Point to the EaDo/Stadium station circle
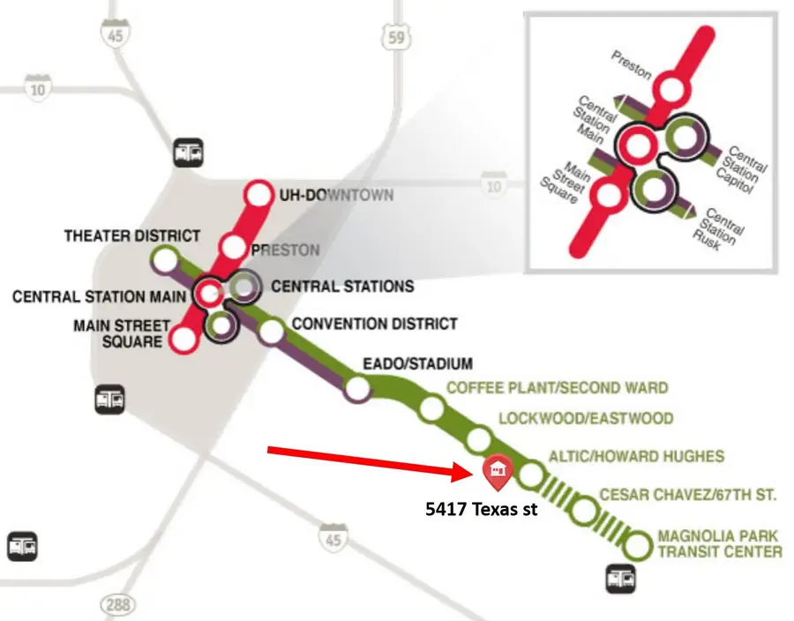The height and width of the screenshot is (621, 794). [357, 388]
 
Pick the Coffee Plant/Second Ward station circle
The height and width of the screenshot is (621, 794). [431, 408]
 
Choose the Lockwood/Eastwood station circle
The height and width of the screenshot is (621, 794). [479, 439]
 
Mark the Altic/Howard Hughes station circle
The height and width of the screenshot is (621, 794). [530, 476]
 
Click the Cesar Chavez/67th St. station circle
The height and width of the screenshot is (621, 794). [583, 510]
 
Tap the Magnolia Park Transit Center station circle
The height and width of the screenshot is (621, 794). [636, 546]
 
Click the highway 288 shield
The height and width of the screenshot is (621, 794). [116, 605]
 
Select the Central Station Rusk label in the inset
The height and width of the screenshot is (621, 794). [724, 227]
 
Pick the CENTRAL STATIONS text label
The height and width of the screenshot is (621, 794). [342, 287]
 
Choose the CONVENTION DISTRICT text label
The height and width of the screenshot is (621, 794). [374, 324]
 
